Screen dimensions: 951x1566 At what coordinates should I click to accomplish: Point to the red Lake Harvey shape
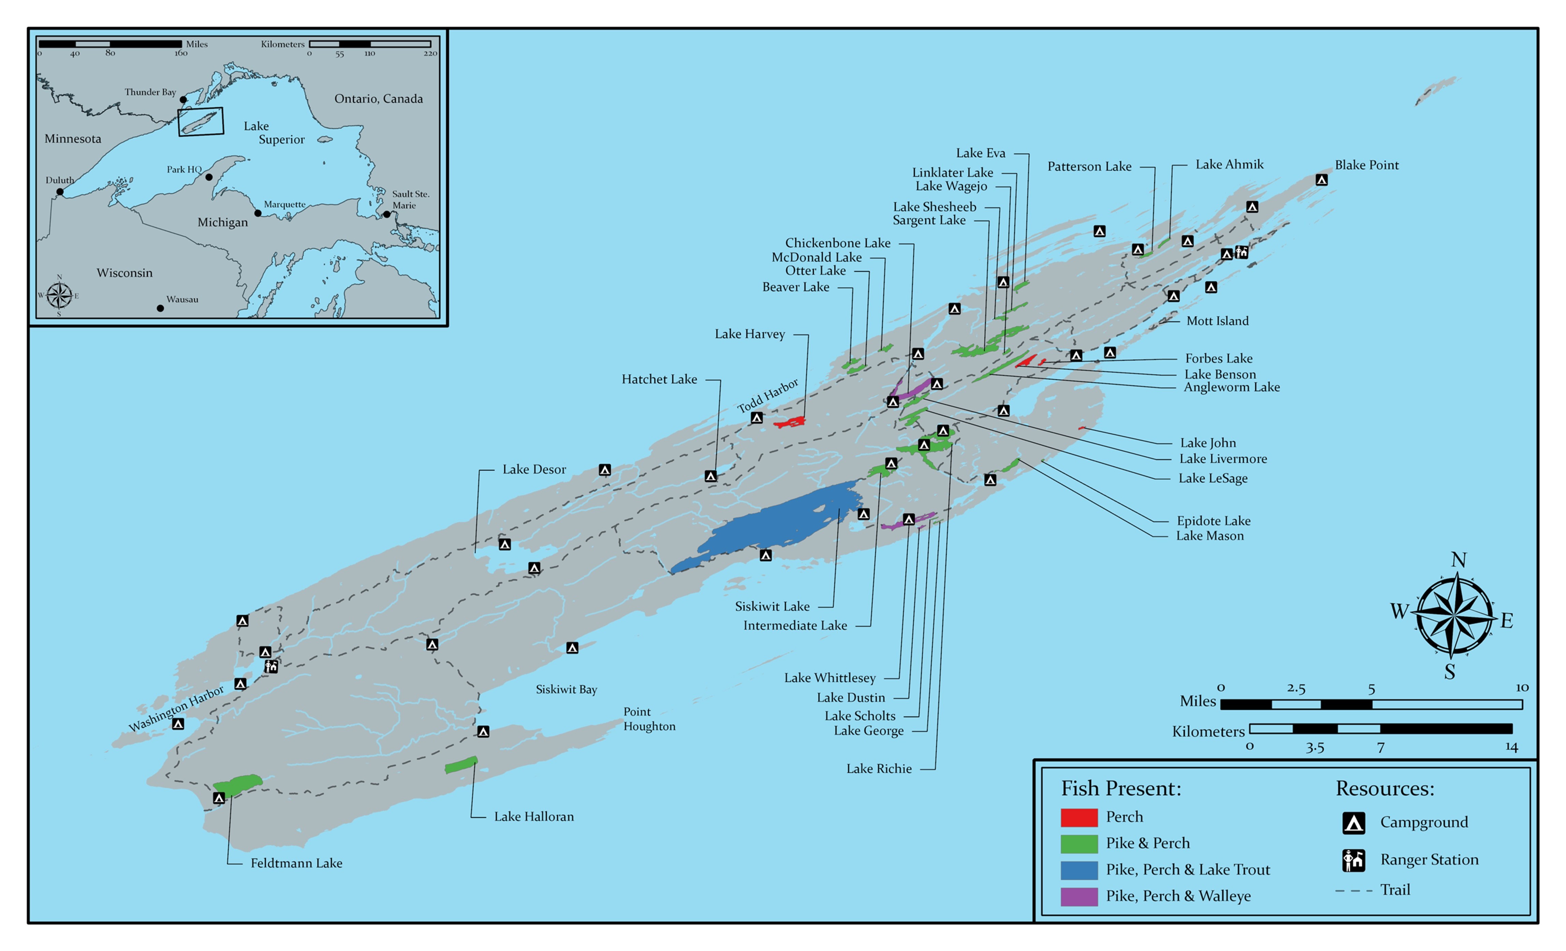(790, 422)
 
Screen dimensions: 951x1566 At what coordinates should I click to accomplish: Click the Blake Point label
(1366, 165)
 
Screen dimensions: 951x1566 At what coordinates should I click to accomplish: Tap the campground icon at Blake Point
(1321, 180)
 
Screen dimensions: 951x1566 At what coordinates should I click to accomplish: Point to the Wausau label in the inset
(182, 299)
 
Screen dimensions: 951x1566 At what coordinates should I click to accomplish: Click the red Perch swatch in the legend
(1079, 817)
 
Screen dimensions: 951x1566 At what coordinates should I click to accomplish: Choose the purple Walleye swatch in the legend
(1079, 896)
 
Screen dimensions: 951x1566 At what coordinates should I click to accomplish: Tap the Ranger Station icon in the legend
(1353, 860)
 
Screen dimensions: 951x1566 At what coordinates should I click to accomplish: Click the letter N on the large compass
(1459, 560)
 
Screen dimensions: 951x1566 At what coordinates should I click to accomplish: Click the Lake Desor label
(534, 469)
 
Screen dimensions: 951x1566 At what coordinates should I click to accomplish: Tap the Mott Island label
(1217, 321)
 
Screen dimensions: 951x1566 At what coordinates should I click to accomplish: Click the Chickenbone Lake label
(838, 243)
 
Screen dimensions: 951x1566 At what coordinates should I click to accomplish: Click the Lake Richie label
(879, 769)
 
